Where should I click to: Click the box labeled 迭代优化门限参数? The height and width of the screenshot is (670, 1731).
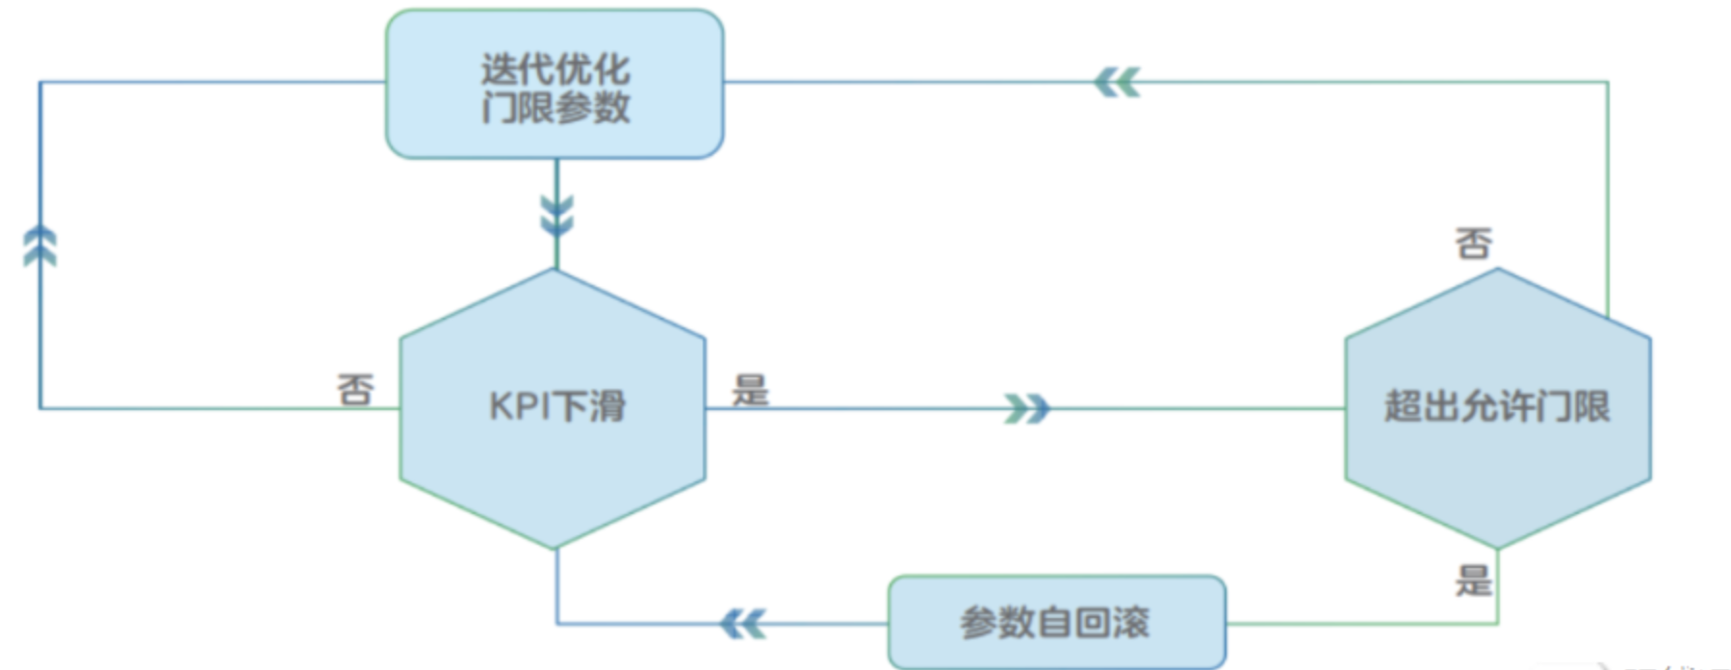click(x=555, y=85)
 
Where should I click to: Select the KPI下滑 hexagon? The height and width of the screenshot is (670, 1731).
click(x=553, y=408)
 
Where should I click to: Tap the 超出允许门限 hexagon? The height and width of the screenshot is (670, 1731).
click(x=1497, y=408)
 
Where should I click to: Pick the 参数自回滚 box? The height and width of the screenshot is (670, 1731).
click(x=1056, y=623)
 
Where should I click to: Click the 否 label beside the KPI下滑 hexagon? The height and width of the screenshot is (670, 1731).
click(x=355, y=390)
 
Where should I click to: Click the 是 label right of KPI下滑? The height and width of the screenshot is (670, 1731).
click(x=750, y=390)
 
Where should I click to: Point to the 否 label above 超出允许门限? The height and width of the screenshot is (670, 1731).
click(x=1473, y=244)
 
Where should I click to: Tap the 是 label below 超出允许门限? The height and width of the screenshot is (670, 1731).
click(x=1473, y=580)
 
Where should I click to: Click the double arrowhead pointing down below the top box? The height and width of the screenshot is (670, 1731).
click(x=556, y=216)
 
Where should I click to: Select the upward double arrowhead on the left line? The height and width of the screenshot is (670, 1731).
click(x=40, y=246)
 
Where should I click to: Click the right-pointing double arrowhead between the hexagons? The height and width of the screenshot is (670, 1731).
click(x=1026, y=409)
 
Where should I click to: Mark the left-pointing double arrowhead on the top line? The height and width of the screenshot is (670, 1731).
click(x=1117, y=83)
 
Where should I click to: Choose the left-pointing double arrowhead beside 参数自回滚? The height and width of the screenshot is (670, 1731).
click(x=742, y=624)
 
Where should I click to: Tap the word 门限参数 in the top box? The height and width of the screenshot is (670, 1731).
click(x=555, y=107)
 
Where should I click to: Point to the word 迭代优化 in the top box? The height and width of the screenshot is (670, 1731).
click(x=555, y=68)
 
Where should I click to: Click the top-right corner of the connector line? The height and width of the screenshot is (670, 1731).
click(x=1607, y=83)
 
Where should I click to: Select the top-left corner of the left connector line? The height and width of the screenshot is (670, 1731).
click(x=40, y=83)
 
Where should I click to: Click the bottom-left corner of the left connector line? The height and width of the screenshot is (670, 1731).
click(x=40, y=409)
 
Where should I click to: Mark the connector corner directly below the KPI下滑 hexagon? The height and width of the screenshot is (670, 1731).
click(x=556, y=624)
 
